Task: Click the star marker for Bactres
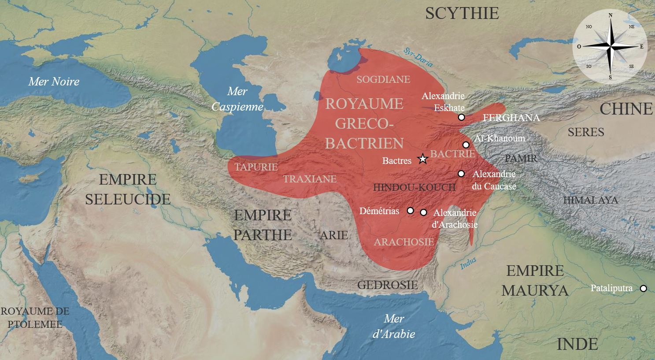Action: coord(422,159)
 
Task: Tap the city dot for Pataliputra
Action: coord(643,289)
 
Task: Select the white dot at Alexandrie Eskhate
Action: coord(461,117)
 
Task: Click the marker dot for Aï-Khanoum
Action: coord(466,145)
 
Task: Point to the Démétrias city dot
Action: coord(410,211)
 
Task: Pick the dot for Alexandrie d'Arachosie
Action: coord(423,212)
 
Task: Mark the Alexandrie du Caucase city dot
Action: coord(461,174)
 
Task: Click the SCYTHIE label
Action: coord(462,13)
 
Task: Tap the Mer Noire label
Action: coord(54,82)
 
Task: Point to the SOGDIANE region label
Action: coord(383,79)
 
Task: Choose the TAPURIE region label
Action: coord(256,167)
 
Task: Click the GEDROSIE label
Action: coord(387,285)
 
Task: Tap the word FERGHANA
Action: coord(511,118)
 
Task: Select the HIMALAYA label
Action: coord(590,200)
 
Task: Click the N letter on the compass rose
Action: coord(610,15)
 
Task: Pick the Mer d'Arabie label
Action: coord(393,326)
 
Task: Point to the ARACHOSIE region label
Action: coord(403,242)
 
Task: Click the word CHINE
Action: coord(626,109)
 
